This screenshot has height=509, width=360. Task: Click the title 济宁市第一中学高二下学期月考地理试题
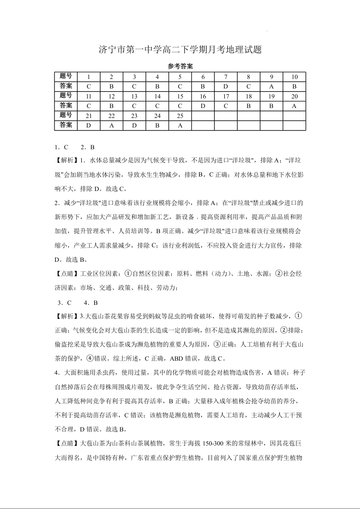(180, 50)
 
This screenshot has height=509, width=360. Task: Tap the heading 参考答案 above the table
(180, 66)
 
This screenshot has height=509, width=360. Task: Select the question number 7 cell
(226, 77)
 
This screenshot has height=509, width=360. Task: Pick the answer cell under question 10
(294, 86)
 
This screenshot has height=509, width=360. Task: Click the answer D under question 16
(203, 106)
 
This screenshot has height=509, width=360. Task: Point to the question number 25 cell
(180, 116)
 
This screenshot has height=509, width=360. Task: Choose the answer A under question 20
(294, 106)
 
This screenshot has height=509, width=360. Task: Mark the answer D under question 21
(89, 126)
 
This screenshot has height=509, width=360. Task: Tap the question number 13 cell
(134, 96)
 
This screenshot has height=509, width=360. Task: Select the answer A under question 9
(271, 86)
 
